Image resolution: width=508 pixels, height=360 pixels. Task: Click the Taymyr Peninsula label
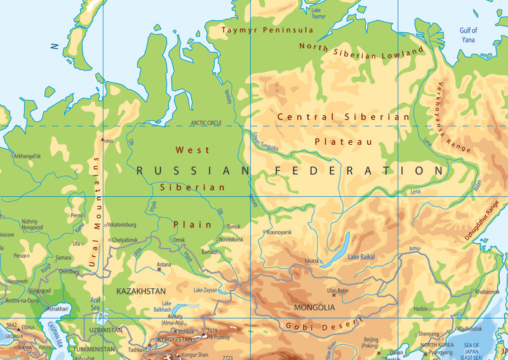click(x=267, y=30)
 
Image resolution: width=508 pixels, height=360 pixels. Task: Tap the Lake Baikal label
click(x=361, y=257)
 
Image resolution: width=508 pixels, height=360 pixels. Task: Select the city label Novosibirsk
click(x=231, y=239)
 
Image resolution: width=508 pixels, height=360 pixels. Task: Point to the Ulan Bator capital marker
click(x=333, y=295)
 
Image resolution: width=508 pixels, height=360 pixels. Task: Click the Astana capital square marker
click(x=159, y=269)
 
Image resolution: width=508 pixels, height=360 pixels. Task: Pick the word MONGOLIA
click(x=314, y=307)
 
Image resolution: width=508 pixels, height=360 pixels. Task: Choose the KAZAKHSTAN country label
click(x=141, y=290)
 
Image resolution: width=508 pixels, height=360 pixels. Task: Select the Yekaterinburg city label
click(x=122, y=225)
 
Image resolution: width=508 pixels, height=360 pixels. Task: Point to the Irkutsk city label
click(x=311, y=261)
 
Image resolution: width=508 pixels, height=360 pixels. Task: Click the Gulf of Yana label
click(x=469, y=34)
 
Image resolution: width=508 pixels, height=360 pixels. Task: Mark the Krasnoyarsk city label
click(x=279, y=232)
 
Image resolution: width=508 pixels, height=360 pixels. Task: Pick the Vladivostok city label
click(x=471, y=329)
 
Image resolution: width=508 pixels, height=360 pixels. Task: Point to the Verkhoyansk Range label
click(x=453, y=117)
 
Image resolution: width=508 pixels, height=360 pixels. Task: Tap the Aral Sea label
click(x=95, y=303)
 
